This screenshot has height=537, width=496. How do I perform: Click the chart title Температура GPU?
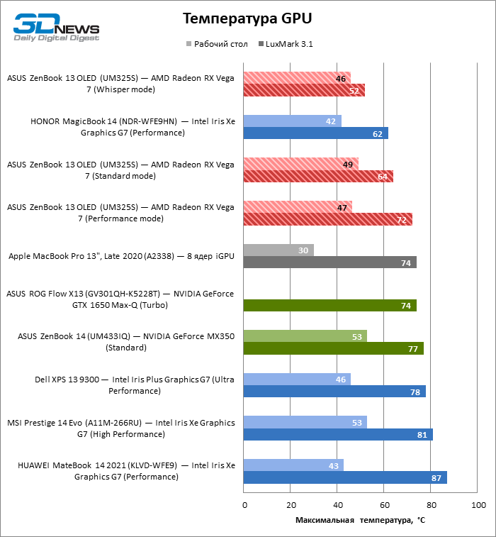247,18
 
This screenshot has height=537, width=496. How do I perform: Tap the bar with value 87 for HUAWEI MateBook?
344,478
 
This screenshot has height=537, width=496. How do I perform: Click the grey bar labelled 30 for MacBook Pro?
278,250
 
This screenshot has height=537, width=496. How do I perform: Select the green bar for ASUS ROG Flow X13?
329,306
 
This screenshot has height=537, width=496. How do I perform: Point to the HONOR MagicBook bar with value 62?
315,133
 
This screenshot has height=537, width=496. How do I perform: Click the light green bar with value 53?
305,336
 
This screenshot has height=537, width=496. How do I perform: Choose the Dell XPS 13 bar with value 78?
334,392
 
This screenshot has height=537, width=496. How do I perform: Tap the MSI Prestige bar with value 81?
337,435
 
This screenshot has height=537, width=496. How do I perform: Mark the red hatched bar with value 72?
327,220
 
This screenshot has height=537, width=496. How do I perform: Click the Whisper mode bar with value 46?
296,78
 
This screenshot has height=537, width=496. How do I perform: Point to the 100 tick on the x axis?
478,505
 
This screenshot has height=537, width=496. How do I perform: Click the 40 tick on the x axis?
337,505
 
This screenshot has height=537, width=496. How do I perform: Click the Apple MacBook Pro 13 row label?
120,256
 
